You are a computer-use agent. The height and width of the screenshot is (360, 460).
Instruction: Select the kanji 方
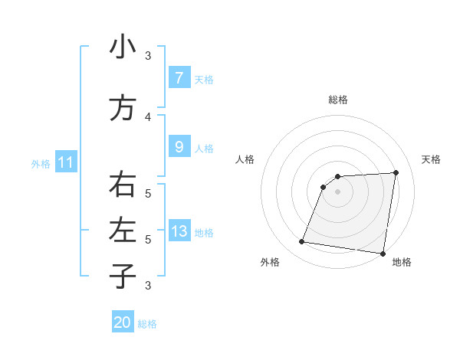[123, 109]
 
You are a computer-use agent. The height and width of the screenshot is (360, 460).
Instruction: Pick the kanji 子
[123, 276]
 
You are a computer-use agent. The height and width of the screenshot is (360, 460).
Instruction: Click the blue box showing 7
[179, 77]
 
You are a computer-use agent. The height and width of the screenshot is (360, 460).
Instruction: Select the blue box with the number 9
[179, 146]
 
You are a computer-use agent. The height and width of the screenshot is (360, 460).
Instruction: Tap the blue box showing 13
[179, 231]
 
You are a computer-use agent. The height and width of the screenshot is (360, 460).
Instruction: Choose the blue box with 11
[65, 162]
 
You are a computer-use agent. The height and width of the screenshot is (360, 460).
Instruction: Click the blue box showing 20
[123, 322]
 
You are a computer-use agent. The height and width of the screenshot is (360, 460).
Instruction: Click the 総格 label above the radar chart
[338, 100]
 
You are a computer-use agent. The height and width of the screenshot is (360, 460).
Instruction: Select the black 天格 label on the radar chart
[431, 159]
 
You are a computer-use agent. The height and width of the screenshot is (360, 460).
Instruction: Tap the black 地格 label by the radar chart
[402, 262]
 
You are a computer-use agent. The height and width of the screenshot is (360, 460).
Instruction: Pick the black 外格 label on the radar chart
[270, 262]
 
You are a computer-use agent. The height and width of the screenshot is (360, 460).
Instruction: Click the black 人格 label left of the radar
[245, 159]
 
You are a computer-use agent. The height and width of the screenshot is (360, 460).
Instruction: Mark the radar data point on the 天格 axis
[396, 172]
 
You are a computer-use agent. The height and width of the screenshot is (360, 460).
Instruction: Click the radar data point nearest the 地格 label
[383, 253]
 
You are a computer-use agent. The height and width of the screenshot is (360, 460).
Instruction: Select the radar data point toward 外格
[301, 242]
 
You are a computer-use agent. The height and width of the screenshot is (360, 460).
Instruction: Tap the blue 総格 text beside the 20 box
[147, 324]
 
